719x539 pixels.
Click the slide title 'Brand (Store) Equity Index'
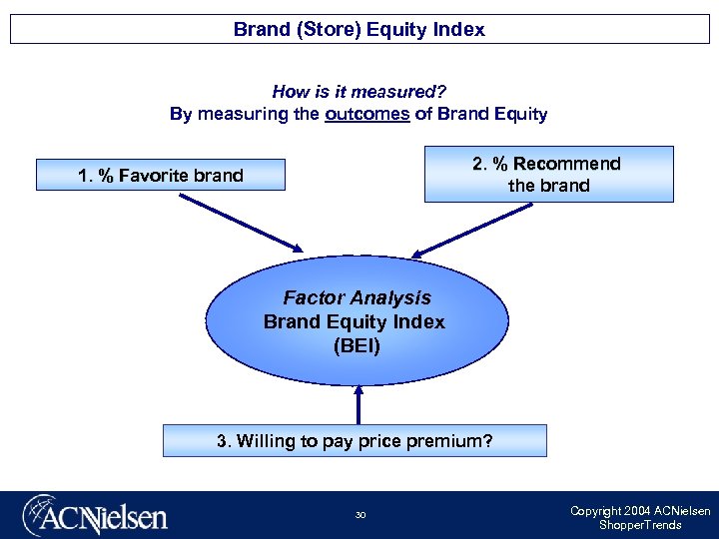[x=359, y=29]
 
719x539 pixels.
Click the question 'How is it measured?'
[x=359, y=92]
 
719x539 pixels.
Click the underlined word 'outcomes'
[x=366, y=114]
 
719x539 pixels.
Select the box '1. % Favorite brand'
[x=160, y=176]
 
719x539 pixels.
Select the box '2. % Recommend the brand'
[x=548, y=175]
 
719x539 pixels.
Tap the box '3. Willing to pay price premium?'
[x=355, y=440]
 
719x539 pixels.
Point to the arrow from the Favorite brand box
[x=239, y=221]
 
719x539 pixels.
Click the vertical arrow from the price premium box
[x=358, y=404]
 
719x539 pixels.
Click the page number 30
[x=359, y=515]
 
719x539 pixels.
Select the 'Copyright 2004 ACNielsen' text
[x=639, y=511]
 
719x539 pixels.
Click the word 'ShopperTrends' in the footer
[x=639, y=525]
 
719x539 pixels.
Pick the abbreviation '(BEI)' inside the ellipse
[x=357, y=345]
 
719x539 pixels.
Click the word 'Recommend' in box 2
[x=565, y=164]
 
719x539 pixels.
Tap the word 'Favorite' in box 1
[x=154, y=176]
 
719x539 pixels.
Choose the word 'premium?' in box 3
[x=453, y=440]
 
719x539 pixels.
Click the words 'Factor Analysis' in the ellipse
[x=357, y=297]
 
